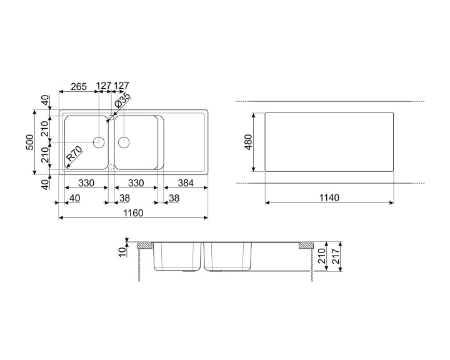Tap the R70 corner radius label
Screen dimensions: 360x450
click(74, 154)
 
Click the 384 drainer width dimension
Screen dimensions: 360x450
click(186, 183)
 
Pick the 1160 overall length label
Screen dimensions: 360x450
click(132, 213)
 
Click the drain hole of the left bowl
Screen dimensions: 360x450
click(99, 142)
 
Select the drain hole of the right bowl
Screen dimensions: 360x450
click(124, 142)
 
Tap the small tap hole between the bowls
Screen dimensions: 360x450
click(111, 117)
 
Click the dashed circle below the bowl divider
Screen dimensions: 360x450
click(111, 167)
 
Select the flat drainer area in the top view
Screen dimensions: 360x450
click(185, 142)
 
